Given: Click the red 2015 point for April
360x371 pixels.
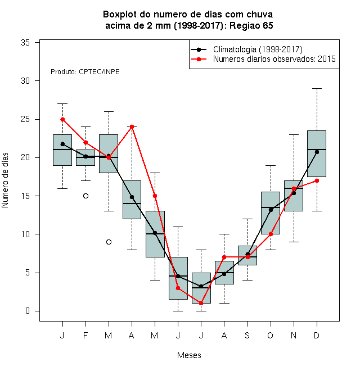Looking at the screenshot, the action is [132, 127].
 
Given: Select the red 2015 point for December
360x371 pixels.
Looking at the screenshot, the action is [317, 181].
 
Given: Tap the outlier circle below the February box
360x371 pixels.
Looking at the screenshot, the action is [85, 196].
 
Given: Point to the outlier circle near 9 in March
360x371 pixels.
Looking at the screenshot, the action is [109, 242].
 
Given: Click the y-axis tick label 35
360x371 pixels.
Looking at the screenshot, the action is [25, 43].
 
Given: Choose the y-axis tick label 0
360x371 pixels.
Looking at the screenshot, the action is [28, 311].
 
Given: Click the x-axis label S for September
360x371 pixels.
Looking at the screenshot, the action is [247, 335].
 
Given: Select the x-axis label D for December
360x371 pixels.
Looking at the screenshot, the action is [317, 335].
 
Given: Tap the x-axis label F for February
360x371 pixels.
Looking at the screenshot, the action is [85, 335].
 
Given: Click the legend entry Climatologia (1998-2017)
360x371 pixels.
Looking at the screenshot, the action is [258, 49].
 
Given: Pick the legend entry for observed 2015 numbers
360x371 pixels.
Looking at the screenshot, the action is [274, 59].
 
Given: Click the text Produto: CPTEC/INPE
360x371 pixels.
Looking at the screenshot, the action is [85, 72].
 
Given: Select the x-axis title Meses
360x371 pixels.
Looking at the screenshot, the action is [189, 355].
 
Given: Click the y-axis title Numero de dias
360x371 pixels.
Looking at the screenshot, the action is [5, 180].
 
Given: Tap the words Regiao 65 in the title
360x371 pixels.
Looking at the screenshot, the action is [251, 25].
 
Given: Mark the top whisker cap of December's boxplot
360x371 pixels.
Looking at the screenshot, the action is [317, 88].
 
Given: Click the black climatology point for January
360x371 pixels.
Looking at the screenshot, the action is [62, 144].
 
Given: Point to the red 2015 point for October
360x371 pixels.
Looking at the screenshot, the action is [271, 234].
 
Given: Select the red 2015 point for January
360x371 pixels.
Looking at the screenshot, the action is [62, 120].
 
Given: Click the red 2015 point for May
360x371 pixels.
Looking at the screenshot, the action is [155, 196].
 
